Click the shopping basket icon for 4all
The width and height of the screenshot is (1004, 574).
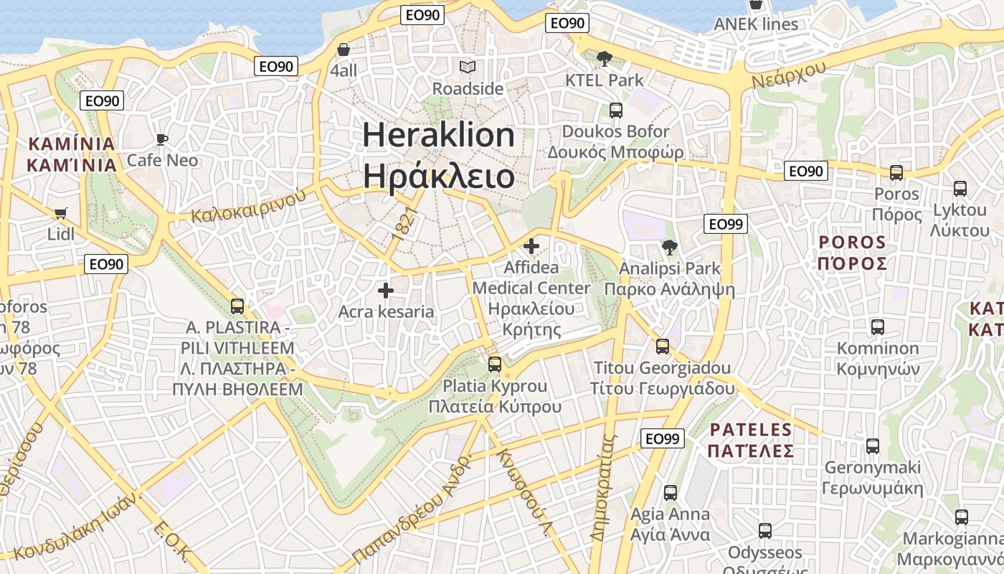pos(344,50)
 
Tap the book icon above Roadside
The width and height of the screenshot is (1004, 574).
pos(468,67)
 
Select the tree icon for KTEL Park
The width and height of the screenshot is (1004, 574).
pos(605,59)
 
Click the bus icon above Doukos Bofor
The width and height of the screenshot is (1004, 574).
pos(615,110)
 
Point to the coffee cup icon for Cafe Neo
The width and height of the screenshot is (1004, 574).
pos(162,138)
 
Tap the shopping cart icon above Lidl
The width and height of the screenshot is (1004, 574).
pos(60,213)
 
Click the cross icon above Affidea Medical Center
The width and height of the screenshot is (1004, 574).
pos(531,247)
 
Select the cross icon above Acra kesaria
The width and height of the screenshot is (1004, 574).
pos(386,291)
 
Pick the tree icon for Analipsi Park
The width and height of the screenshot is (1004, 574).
pos(670,248)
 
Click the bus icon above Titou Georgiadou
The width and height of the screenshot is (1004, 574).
pos(663,347)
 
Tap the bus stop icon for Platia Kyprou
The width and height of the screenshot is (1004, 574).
pos(495,364)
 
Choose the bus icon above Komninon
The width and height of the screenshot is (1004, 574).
pos(877,327)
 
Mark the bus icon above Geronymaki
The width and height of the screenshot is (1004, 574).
pos(872,446)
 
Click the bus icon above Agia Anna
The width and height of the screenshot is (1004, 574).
pos(670,493)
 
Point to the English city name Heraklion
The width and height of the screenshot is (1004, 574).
pos(438,136)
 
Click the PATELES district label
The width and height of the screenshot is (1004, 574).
pos(750,430)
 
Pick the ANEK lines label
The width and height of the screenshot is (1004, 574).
pos(756,24)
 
